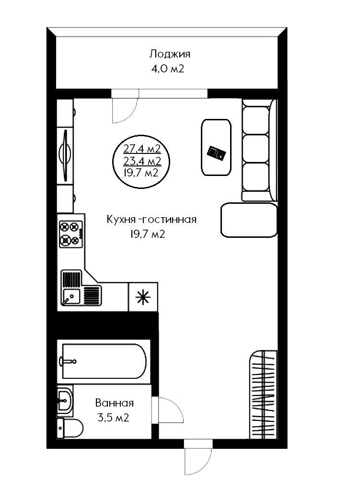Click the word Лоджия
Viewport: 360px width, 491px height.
click(x=170, y=54)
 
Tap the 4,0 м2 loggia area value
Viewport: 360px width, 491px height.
click(x=168, y=69)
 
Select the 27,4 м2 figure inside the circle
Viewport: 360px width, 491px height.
click(x=142, y=149)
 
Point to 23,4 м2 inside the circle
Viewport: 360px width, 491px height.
click(x=142, y=161)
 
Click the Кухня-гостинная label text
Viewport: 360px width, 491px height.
click(x=152, y=220)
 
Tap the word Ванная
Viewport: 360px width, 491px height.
click(x=115, y=403)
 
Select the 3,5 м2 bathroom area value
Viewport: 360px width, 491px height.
click(x=113, y=418)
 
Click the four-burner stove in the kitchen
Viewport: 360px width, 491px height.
click(x=71, y=234)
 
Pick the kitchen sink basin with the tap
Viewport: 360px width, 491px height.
click(x=71, y=296)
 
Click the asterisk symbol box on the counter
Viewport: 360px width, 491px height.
click(x=143, y=297)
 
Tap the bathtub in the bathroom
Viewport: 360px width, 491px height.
click(x=104, y=362)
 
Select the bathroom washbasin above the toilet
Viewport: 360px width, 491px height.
click(x=65, y=400)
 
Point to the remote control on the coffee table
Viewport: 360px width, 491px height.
click(x=216, y=153)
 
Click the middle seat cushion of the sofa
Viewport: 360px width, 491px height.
click(x=256, y=149)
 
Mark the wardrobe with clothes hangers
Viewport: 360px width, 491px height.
click(x=263, y=395)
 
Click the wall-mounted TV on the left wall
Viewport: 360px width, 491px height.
click(x=65, y=155)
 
